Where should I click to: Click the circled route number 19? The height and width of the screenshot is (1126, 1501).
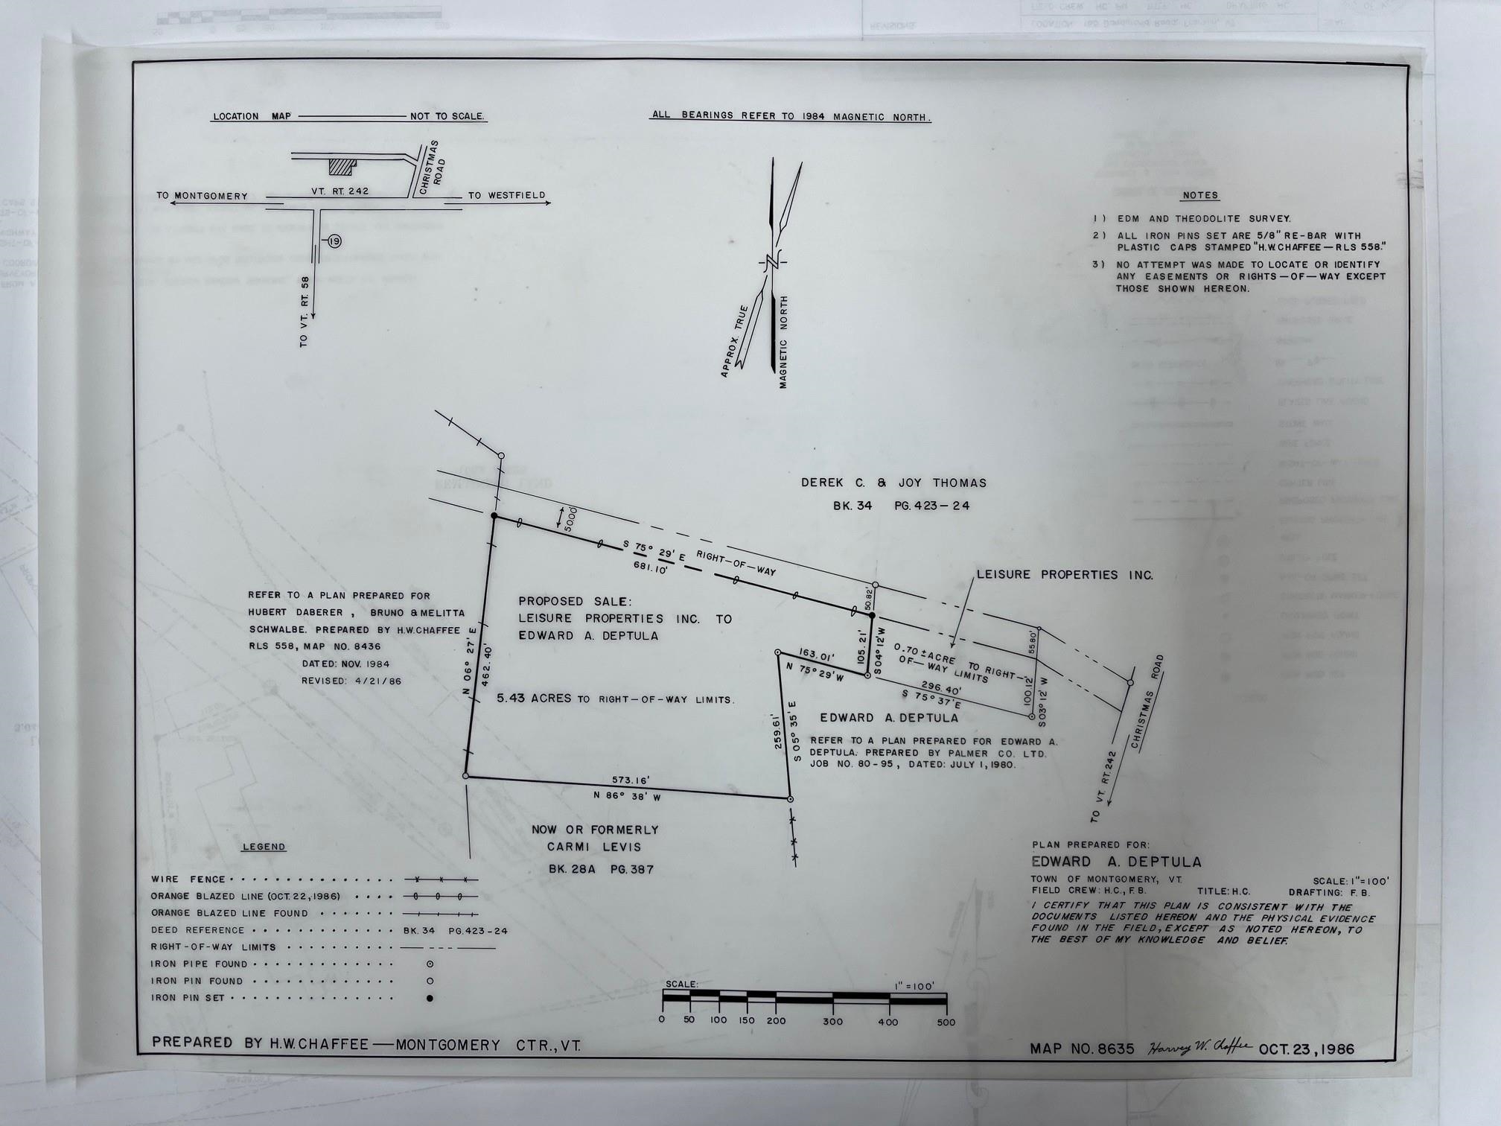point(334,241)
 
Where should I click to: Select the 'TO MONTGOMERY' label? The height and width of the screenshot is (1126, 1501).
point(202,196)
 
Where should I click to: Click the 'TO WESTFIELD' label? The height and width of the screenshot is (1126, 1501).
point(506,195)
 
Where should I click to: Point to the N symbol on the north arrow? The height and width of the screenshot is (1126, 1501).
point(772,263)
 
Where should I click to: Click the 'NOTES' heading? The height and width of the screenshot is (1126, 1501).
point(1200,195)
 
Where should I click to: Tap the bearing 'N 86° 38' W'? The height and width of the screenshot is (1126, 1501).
point(627,795)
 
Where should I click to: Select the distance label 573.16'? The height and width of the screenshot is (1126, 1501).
point(631,780)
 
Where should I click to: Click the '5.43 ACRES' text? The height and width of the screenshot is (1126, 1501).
point(534,699)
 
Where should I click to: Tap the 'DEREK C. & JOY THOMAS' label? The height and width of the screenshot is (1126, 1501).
point(893,483)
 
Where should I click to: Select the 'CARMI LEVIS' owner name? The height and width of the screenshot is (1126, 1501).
point(594,847)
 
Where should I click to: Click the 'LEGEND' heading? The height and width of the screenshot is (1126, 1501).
point(264,847)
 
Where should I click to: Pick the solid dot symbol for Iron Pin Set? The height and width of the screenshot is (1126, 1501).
point(430,998)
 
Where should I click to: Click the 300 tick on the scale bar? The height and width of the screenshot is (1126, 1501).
point(832,1021)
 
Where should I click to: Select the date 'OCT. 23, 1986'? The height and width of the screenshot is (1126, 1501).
point(1306,1049)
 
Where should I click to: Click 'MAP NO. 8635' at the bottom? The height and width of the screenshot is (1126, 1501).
point(1082,1049)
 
